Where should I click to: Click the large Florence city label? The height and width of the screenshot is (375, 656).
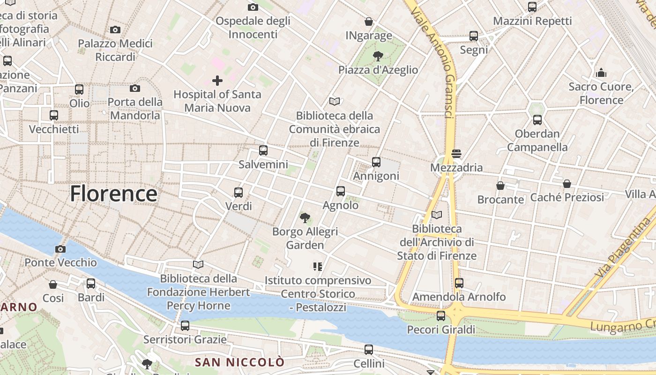click(x=113, y=194)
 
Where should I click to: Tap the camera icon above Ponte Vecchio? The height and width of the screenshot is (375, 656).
click(x=60, y=249)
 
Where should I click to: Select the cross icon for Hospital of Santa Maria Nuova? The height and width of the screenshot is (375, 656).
click(x=217, y=81)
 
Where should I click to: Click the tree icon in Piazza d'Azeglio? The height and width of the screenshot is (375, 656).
click(x=378, y=57)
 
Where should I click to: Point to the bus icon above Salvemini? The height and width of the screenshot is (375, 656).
click(x=263, y=150)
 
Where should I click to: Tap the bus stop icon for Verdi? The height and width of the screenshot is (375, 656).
click(x=239, y=192)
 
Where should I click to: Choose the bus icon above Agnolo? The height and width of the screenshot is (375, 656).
click(x=341, y=191)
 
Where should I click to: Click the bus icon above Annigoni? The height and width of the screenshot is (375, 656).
click(x=376, y=162)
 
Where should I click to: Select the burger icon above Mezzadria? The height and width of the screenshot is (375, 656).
click(x=456, y=154)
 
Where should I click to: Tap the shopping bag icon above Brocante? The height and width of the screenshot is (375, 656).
click(x=500, y=186)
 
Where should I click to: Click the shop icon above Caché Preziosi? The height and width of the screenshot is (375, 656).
click(x=567, y=184)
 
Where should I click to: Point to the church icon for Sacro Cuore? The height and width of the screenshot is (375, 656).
click(x=601, y=73)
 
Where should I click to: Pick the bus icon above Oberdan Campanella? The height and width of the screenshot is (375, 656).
click(x=537, y=120)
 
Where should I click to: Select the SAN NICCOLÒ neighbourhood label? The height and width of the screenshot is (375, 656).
click(x=239, y=362)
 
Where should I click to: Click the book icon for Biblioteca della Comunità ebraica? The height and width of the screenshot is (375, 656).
click(x=334, y=101)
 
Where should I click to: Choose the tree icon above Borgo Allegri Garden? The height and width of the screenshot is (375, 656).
click(x=305, y=217)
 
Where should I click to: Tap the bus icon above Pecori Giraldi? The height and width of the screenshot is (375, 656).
click(x=441, y=316)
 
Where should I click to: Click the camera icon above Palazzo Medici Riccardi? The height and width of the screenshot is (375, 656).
click(x=115, y=30)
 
